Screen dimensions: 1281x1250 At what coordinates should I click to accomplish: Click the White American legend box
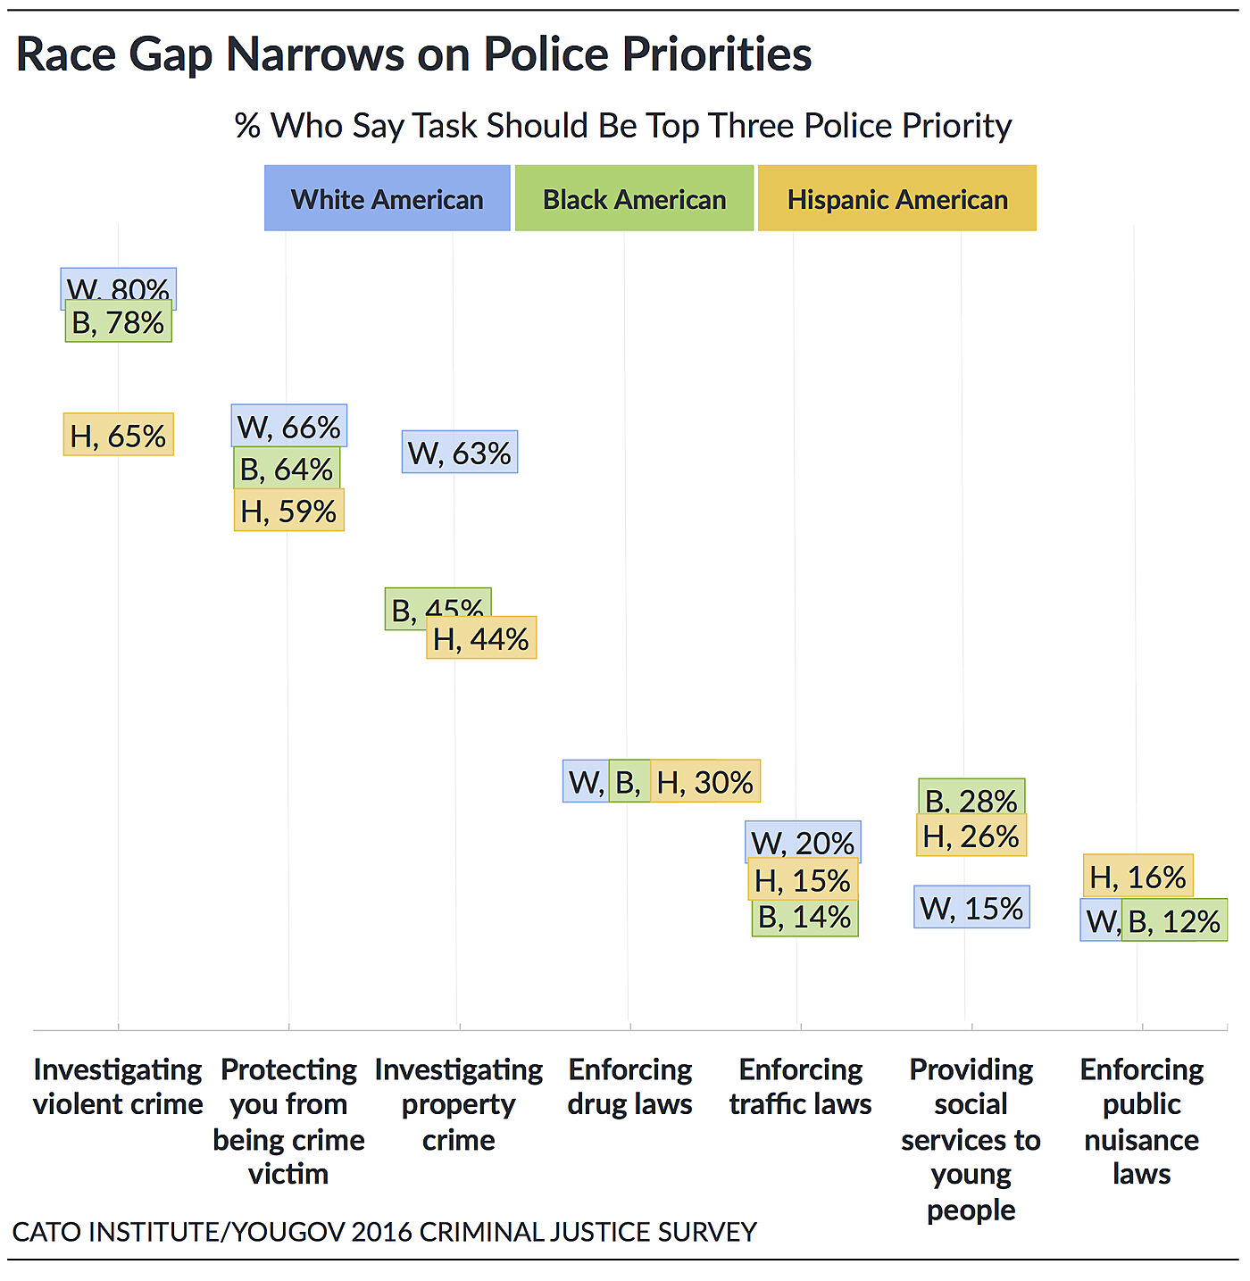(387, 198)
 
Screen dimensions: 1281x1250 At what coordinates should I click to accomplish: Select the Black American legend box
(634, 198)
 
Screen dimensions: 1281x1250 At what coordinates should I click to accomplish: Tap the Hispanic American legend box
(896, 198)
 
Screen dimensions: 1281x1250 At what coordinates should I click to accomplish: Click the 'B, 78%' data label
(118, 322)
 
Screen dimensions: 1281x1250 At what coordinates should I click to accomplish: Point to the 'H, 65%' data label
(118, 436)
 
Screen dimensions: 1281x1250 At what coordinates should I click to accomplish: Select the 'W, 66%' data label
(289, 427)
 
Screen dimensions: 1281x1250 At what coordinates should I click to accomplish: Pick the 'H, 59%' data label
(288, 512)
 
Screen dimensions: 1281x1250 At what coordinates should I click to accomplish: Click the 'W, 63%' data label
(459, 453)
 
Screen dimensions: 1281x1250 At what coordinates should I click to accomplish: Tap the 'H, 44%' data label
(481, 639)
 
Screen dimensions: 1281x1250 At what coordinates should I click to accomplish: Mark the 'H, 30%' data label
(705, 782)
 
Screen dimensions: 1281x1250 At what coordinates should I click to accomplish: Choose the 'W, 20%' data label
(803, 842)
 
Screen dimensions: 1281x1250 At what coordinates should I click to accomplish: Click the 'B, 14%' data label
(804, 918)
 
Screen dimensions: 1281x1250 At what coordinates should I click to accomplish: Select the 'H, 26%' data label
(971, 836)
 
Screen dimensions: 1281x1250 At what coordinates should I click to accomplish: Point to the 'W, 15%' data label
(971, 908)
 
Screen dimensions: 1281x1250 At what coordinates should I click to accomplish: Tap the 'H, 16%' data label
(1137, 877)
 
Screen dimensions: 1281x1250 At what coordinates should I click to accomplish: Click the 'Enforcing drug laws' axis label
(629, 1086)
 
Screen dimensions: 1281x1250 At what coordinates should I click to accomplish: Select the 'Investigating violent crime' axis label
(118, 1086)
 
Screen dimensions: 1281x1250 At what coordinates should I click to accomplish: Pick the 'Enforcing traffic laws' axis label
(800, 1086)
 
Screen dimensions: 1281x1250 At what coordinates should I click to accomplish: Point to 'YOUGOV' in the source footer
(287, 1232)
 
